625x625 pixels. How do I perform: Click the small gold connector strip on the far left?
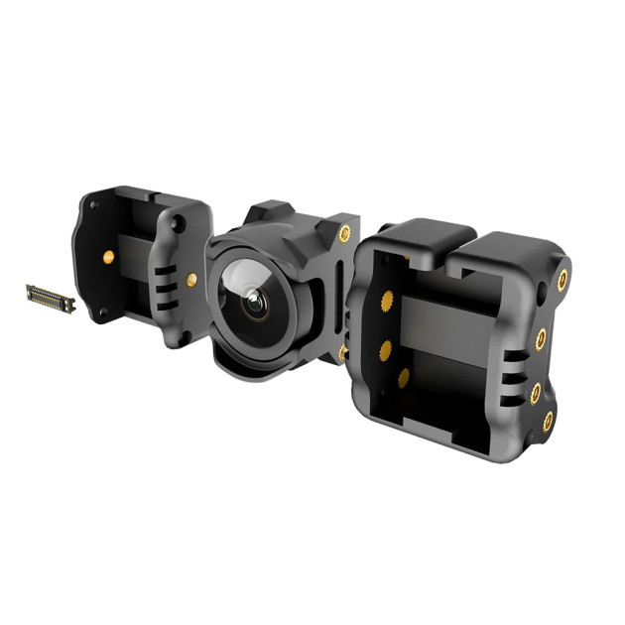tap(50, 297)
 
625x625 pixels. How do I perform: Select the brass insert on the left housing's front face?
tap(191, 280)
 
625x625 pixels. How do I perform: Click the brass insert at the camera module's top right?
tap(343, 234)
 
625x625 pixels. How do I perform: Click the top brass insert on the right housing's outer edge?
tap(562, 280)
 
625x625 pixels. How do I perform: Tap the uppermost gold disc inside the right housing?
tap(382, 303)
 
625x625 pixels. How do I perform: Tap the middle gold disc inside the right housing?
tap(383, 348)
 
